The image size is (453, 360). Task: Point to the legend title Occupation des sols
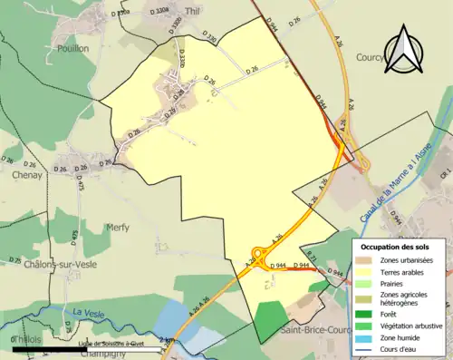coord(399,247)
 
